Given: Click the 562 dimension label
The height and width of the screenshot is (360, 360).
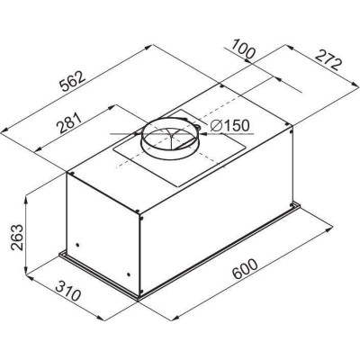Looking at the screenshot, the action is point(73,82).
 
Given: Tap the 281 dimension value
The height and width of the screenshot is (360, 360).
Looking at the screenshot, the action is point(69,122).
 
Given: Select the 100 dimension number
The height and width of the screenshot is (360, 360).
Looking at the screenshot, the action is point(243,49).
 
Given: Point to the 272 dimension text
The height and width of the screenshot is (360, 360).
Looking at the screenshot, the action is point(328,60).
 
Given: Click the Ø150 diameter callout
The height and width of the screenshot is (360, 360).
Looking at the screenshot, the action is point(229,126).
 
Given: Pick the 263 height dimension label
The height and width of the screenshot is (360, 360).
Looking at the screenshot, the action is point(17,237).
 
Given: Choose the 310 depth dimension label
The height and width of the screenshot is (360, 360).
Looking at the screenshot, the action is point(68,291).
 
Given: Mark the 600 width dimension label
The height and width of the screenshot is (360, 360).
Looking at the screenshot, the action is point(245,269).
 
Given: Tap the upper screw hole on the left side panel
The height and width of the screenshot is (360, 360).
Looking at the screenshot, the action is point(78,245).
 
